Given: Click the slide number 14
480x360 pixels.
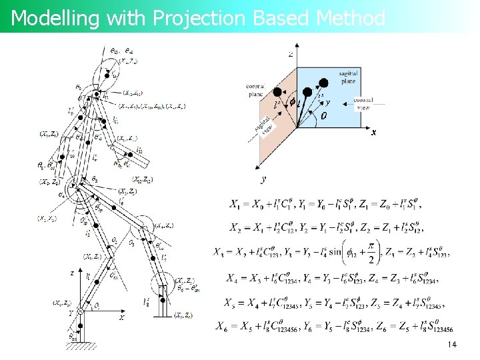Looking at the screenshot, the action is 452,345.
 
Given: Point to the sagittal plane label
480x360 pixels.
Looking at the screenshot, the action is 347,77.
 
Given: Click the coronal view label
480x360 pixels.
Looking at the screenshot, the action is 363,103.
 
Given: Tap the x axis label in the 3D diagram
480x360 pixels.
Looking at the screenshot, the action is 374,132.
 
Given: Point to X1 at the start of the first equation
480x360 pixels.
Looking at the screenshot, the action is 235,204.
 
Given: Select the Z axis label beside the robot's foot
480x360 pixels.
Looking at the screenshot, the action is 72,273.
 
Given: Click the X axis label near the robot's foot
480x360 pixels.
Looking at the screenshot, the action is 121,318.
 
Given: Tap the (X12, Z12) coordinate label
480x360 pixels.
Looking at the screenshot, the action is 145,179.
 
